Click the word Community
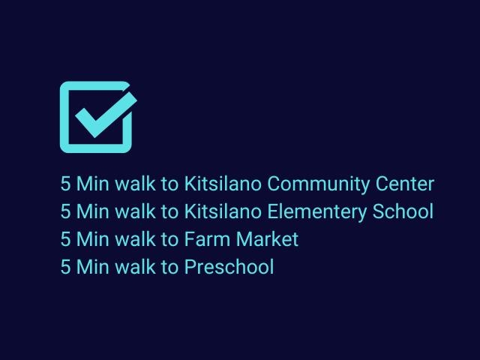[x=318, y=184]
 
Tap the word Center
[x=405, y=184]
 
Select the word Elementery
[x=316, y=211]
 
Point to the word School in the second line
[x=403, y=211]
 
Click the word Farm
[x=207, y=239]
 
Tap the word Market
[x=267, y=239]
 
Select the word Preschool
[x=229, y=267]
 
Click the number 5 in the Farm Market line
[x=65, y=239]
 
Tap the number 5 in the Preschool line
[x=65, y=267]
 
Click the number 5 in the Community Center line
[x=65, y=184]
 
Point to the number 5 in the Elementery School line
[x=65, y=211]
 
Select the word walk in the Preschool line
[x=135, y=267]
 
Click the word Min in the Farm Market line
[x=93, y=239]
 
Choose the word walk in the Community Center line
[x=135, y=184]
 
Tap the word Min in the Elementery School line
[x=93, y=211]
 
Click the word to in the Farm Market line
[x=169, y=240]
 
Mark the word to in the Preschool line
[x=169, y=267]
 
